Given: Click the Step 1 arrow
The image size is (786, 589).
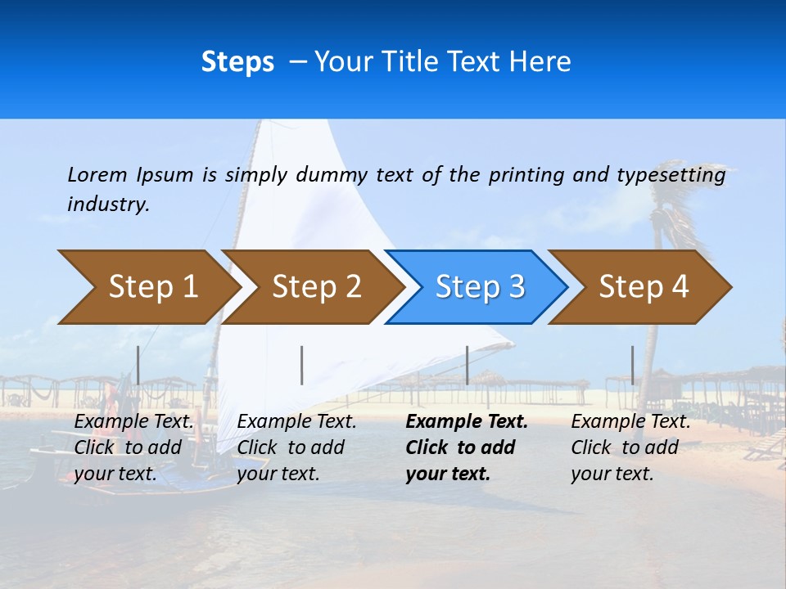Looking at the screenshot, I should (x=147, y=287).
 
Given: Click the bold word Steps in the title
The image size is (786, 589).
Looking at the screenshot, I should (x=237, y=62).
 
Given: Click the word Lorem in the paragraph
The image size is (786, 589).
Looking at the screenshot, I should (x=97, y=175).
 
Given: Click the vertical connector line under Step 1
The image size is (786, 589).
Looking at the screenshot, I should (x=138, y=365).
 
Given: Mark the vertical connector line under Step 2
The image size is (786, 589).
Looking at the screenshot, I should (x=302, y=365).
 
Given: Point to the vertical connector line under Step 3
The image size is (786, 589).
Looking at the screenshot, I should (x=468, y=365).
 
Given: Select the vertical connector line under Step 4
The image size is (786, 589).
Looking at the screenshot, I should (x=633, y=365).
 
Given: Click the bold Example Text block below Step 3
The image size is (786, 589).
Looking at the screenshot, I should (x=466, y=447).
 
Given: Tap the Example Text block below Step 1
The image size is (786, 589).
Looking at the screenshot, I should (x=134, y=447).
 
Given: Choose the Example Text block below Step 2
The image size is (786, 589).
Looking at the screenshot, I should (x=296, y=447).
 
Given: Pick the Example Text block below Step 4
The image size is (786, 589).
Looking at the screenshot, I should (x=630, y=447).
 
